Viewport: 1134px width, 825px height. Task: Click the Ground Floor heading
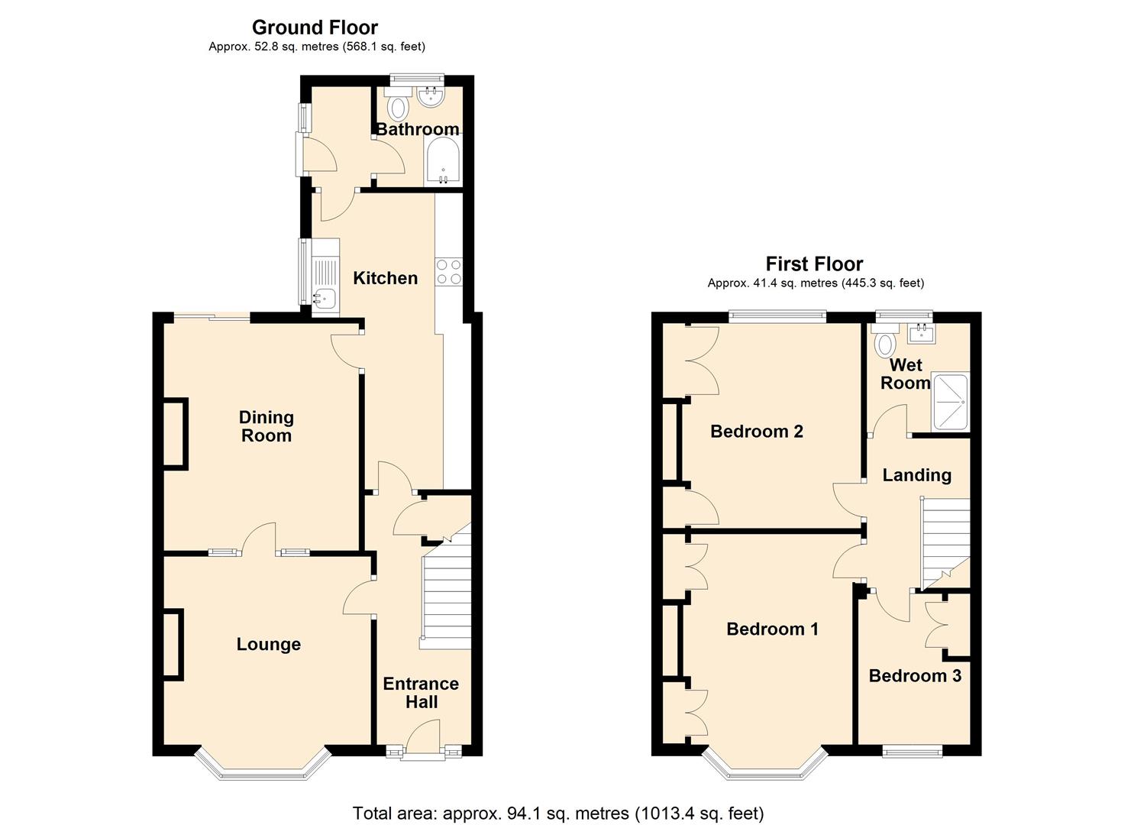pyautogui.click(x=315, y=27)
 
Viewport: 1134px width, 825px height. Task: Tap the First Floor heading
pyautogui.click(x=814, y=264)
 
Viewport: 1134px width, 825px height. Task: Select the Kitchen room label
pyautogui.click(x=385, y=278)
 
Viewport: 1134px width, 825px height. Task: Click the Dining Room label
pyautogui.click(x=266, y=426)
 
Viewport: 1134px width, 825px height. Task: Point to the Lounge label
pyautogui.click(x=268, y=645)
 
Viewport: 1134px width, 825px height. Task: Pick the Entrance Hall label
pyautogui.click(x=421, y=693)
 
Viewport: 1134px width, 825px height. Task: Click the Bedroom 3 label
pyautogui.click(x=914, y=676)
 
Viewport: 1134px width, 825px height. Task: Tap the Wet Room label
pyautogui.click(x=905, y=374)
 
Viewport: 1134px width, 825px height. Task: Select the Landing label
pyautogui.click(x=916, y=475)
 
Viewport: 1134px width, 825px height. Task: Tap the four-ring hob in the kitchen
pyautogui.click(x=448, y=271)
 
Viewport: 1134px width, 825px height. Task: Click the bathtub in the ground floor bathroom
pyautogui.click(x=443, y=160)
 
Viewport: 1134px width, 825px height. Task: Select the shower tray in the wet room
pyautogui.click(x=949, y=402)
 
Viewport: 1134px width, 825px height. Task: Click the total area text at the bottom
pyautogui.click(x=557, y=813)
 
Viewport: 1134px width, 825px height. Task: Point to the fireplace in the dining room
pyautogui.click(x=175, y=433)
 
